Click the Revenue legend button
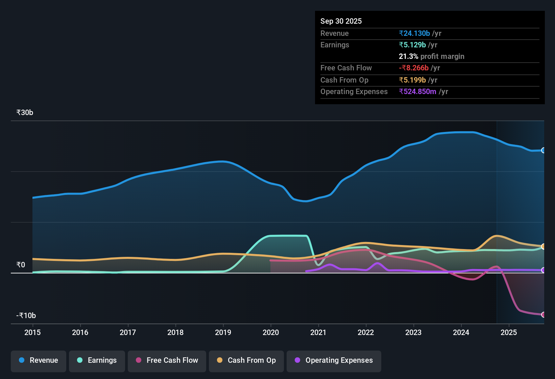(39, 360)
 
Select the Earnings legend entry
(97, 360)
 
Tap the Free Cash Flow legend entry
(167, 360)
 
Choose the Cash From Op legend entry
(246, 360)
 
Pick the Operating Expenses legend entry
(334, 360)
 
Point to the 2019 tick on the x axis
(223, 332)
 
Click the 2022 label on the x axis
(366, 332)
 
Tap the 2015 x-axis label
(32, 332)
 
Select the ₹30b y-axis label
(25, 113)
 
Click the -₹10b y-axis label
(26, 316)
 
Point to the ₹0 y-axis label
(21, 265)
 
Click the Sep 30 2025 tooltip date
(341, 21)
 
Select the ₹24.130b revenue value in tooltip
(414, 34)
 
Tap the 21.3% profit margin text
(431, 57)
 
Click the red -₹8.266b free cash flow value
(414, 68)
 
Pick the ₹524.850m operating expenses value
(417, 92)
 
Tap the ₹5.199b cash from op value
(412, 80)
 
